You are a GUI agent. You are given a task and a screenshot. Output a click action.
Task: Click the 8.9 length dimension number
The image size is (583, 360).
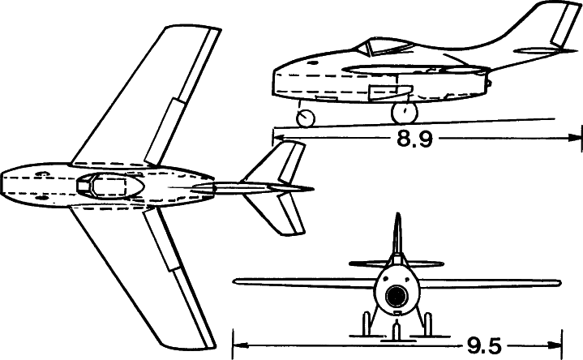414,139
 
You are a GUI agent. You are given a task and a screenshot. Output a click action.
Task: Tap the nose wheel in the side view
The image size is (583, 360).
305,118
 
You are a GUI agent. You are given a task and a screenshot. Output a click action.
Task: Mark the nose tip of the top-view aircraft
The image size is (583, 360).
3,182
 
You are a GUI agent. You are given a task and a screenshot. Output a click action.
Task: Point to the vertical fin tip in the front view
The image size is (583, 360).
397,216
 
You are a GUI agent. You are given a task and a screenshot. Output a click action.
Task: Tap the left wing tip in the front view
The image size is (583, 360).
235,281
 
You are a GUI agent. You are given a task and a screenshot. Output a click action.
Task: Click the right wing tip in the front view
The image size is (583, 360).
559,283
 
